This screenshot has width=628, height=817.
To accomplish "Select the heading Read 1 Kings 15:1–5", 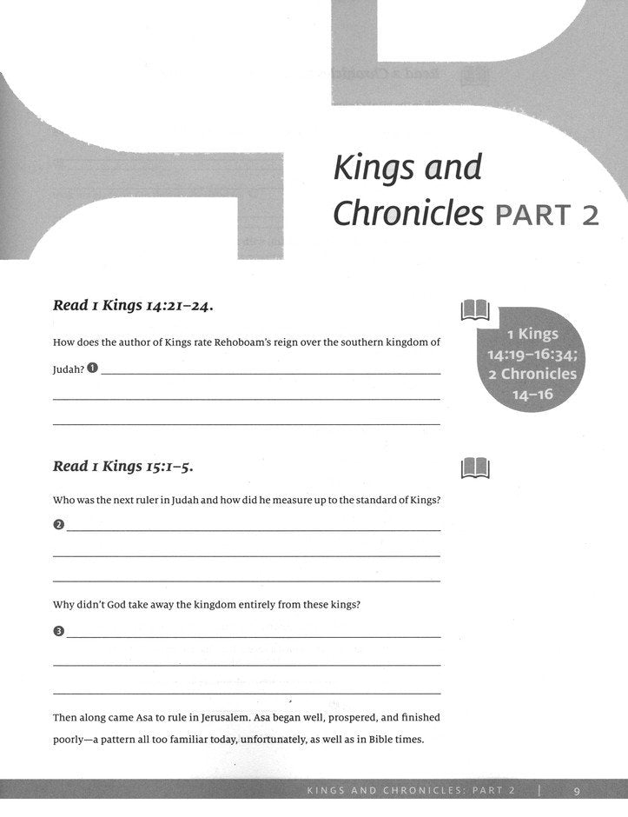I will [x=123, y=467].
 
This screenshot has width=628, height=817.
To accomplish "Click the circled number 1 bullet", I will [x=92, y=369].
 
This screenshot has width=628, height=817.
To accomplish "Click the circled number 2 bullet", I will [x=58, y=524].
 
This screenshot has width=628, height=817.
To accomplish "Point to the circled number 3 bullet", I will [x=58, y=631].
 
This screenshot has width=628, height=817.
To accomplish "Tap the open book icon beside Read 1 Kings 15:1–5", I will [x=475, y=468].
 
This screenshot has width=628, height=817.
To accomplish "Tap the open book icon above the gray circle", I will [x=475, y=309].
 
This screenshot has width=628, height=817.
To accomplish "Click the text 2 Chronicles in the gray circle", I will [x=532, y=374].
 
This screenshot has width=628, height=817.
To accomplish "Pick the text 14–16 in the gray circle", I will [x=532, y=394].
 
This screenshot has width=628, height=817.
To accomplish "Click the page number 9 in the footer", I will [x=578, y=790].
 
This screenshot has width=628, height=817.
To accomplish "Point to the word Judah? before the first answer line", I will [x=69, y=369].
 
